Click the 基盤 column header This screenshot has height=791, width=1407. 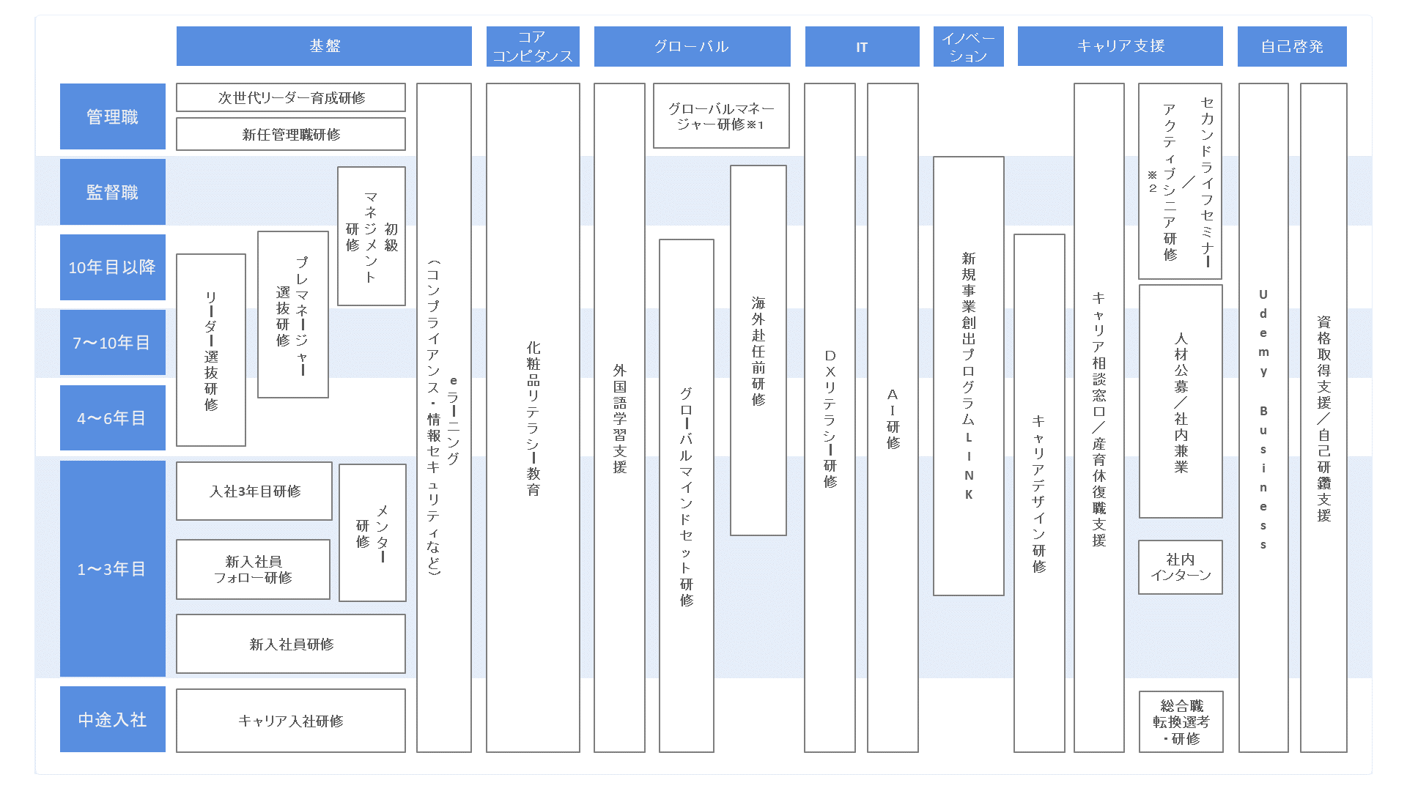click(324, 46)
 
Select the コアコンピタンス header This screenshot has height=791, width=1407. click(533, 46)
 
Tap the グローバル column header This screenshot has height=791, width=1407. click(692, 46)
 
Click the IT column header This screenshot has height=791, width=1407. click(862, 46)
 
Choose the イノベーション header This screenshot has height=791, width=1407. click(968, 46)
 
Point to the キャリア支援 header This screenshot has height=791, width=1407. click(1120, 46)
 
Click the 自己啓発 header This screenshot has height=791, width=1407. click(1292, 46)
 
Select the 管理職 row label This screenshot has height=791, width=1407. click(113, 116)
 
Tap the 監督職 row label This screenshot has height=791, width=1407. click(113, 192)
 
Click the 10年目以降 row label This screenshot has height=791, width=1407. click(113, 267)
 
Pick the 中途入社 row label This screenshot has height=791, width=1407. click(113, 719)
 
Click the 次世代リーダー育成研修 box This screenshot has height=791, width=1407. click(291, 97)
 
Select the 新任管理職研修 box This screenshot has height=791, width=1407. click(291, 134)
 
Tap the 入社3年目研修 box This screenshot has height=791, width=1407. click(254, 491)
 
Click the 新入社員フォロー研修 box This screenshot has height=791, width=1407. click(253, 569)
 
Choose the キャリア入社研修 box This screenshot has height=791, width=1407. click(291, 721)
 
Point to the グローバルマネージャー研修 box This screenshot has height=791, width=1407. click(721, 116)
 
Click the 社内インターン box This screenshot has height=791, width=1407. click(1181, 567)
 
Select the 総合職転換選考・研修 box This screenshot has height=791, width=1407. click(1181, 721)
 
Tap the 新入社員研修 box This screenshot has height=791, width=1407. click(291, 644)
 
